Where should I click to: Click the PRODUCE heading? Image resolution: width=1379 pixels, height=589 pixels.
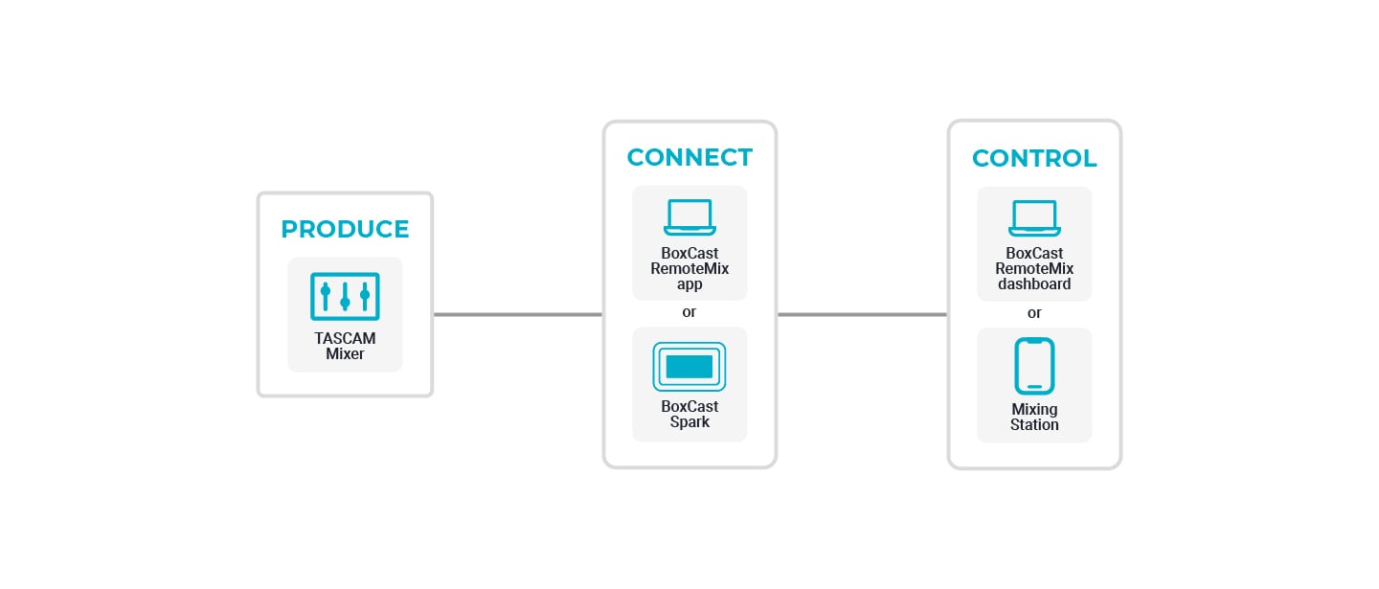click(345, 229)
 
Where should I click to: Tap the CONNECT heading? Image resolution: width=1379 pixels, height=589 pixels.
click(689, 158)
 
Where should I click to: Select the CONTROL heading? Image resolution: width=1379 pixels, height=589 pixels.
click(1034, 158)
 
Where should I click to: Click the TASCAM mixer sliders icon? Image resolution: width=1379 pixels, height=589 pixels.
click(345, 297)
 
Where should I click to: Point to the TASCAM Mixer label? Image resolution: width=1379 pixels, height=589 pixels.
click(345, 346)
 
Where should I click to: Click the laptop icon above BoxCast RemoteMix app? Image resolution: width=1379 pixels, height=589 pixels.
click(689, 217)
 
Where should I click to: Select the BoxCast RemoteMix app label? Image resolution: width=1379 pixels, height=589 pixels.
click(689, 268)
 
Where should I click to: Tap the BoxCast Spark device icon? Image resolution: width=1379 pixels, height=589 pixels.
click(689, 367)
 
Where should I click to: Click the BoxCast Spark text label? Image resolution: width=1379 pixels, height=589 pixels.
click(689, 414)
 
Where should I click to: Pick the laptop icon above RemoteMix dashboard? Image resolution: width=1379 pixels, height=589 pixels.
click(1034, 217)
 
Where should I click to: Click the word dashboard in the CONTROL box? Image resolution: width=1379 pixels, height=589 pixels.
click(1034, 283)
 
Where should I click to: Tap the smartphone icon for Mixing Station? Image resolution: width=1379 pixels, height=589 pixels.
click(1034, 366)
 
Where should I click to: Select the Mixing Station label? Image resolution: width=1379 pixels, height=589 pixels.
click(1034, 417)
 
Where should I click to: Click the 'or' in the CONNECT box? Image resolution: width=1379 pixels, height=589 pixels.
click(689, 312)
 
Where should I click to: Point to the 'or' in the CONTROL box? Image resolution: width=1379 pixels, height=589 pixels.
click(1034, 313)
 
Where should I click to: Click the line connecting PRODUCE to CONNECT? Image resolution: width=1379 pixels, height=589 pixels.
click(518, 314)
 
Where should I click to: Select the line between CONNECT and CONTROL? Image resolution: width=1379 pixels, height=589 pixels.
click(863, 314)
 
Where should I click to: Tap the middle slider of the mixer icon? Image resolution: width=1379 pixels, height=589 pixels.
click(345, 296)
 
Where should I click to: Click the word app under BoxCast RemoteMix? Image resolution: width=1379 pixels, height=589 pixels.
click(689, 285)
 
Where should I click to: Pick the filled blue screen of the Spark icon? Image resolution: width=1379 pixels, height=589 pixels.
click(689, 367)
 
